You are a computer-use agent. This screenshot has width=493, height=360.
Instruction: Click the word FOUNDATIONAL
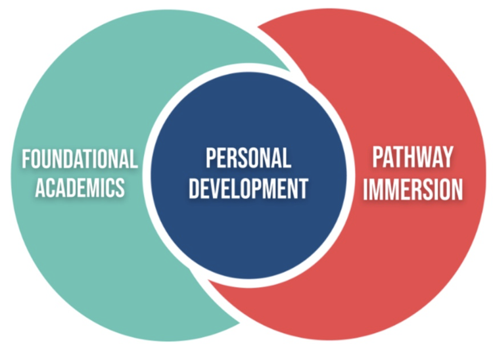pos(80,160)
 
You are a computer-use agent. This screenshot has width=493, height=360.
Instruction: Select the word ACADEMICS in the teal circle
pos(80,189)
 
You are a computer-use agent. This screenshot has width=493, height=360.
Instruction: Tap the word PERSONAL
pos(248,159)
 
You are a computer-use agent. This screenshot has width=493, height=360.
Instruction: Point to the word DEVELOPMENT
pos(248,189)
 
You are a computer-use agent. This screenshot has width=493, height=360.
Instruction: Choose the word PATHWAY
pos(413,158)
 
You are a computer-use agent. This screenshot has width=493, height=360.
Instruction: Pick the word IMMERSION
pos(413,189)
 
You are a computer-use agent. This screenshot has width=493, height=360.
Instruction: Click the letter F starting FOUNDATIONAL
pos(26,160)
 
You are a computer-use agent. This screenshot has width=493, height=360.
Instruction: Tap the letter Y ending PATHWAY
pos(447,158)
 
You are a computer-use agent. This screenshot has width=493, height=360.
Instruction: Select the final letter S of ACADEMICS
pos(120,189)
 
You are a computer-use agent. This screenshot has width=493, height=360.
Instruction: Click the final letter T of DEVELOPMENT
pos(303,189)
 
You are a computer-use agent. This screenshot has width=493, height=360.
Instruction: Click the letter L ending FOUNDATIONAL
pos(134,160)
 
